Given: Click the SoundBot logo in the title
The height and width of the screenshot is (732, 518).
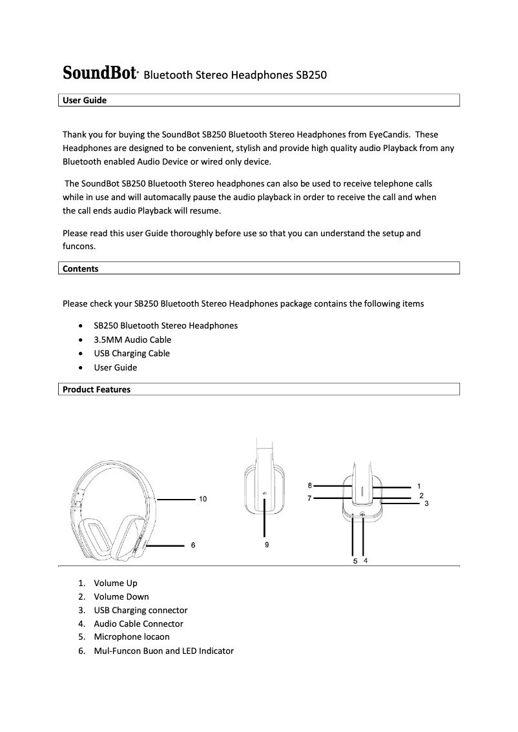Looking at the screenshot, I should [x=99, y=74].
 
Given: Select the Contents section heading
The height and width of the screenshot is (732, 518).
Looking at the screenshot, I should [x=80, y=269].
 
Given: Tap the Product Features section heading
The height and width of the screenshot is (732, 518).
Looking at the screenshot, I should [x=96, y=389].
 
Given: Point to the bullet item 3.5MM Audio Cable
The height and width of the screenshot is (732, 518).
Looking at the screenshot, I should [x=132, y=340].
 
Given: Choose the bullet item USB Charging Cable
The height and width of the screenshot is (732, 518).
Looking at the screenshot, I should [x=132, y=353].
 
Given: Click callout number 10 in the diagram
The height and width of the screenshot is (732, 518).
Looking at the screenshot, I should [x=203, y=499].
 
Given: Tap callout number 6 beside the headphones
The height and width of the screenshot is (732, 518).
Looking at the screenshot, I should [x=193, y=545].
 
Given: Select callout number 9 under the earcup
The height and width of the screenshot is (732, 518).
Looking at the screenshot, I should [x=267, y=545].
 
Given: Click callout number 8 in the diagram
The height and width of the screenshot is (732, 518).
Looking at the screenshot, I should [x=310, y=485].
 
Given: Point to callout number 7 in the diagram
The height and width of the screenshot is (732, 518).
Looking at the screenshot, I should [x=310, y=498].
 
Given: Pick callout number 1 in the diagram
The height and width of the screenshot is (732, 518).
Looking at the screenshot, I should [x=419, y=485].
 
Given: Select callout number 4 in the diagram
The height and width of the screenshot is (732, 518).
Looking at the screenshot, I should [x=366, y=561].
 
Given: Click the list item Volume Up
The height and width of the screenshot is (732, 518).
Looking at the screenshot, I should [x=116, y=583].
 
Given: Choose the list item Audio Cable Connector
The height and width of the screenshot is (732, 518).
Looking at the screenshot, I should [x=138, y=624].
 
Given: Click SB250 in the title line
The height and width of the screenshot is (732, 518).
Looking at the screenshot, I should [x=311, y=75].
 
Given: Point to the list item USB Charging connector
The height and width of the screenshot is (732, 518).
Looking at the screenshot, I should [x=140, y=610].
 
